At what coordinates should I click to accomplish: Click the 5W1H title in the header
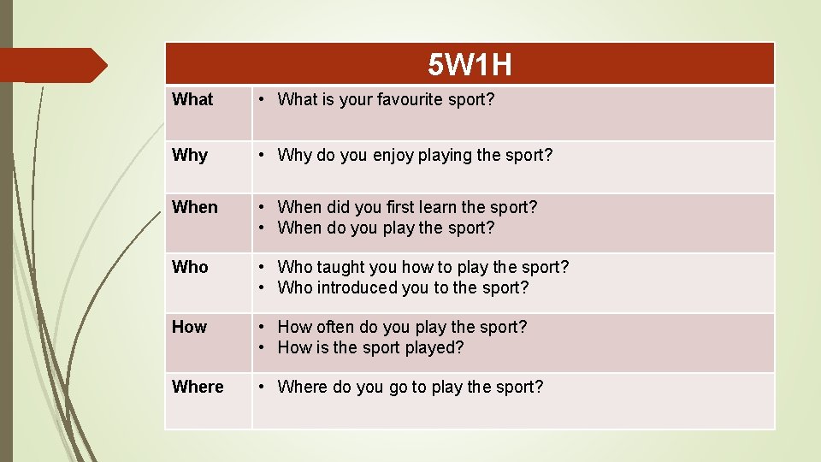coord(470,64)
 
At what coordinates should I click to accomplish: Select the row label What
coord(192,99)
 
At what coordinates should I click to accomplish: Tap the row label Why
coord(190,155)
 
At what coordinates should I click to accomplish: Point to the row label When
coord(195,207)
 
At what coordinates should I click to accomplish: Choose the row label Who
coord(190,267)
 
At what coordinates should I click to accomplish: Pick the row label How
coord(189,327)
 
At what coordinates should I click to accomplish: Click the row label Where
coord(198,387)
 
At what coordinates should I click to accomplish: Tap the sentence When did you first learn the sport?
coord(407,207)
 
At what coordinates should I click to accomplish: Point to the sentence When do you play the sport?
coord(386,228)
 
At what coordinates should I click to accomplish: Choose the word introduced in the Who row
coord(358,287)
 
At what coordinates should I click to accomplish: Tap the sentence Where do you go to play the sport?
coord(410,387)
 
